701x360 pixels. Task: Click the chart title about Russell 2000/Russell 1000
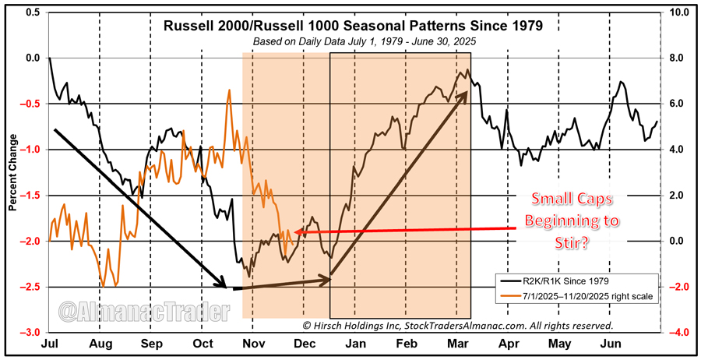point(353,26)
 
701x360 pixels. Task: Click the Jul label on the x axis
point(49,344)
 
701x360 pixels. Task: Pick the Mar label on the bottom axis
point(457,344)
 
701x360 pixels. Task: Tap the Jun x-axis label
point(610,344)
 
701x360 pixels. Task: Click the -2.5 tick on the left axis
point(30,288)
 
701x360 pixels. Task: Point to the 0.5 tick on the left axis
point(32,12)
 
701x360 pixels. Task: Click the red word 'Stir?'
point(572,243)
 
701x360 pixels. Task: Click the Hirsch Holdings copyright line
point(456,325)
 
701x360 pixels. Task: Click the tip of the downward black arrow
point(226,287)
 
